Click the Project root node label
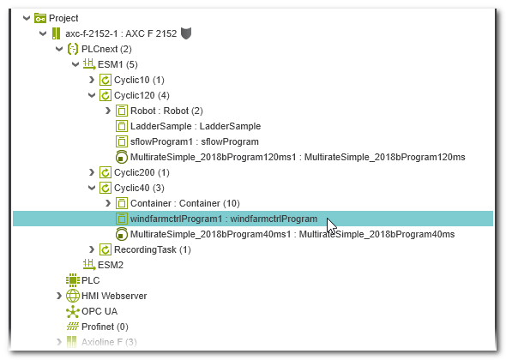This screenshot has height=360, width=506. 63,18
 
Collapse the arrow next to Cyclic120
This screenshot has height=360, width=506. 92,95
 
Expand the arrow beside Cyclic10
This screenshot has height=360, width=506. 92,80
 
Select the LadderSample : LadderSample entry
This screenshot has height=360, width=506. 196,126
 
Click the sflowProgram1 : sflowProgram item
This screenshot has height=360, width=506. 195,141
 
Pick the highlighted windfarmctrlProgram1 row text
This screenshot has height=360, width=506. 224,219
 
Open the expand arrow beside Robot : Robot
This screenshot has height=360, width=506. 108,111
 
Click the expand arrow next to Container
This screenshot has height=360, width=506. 108,203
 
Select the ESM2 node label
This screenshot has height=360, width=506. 111,265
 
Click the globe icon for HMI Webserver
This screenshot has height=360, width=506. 73,296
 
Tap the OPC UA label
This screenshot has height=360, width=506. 99,311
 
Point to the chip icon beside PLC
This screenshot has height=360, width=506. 73,280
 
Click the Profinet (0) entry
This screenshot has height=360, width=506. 105,327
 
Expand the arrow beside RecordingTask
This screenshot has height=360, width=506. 92,249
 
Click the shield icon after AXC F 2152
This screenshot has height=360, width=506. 186,33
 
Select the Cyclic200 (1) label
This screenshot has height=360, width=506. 142,172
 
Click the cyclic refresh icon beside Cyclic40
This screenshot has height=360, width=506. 105,188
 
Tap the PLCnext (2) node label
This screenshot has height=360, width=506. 106,49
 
